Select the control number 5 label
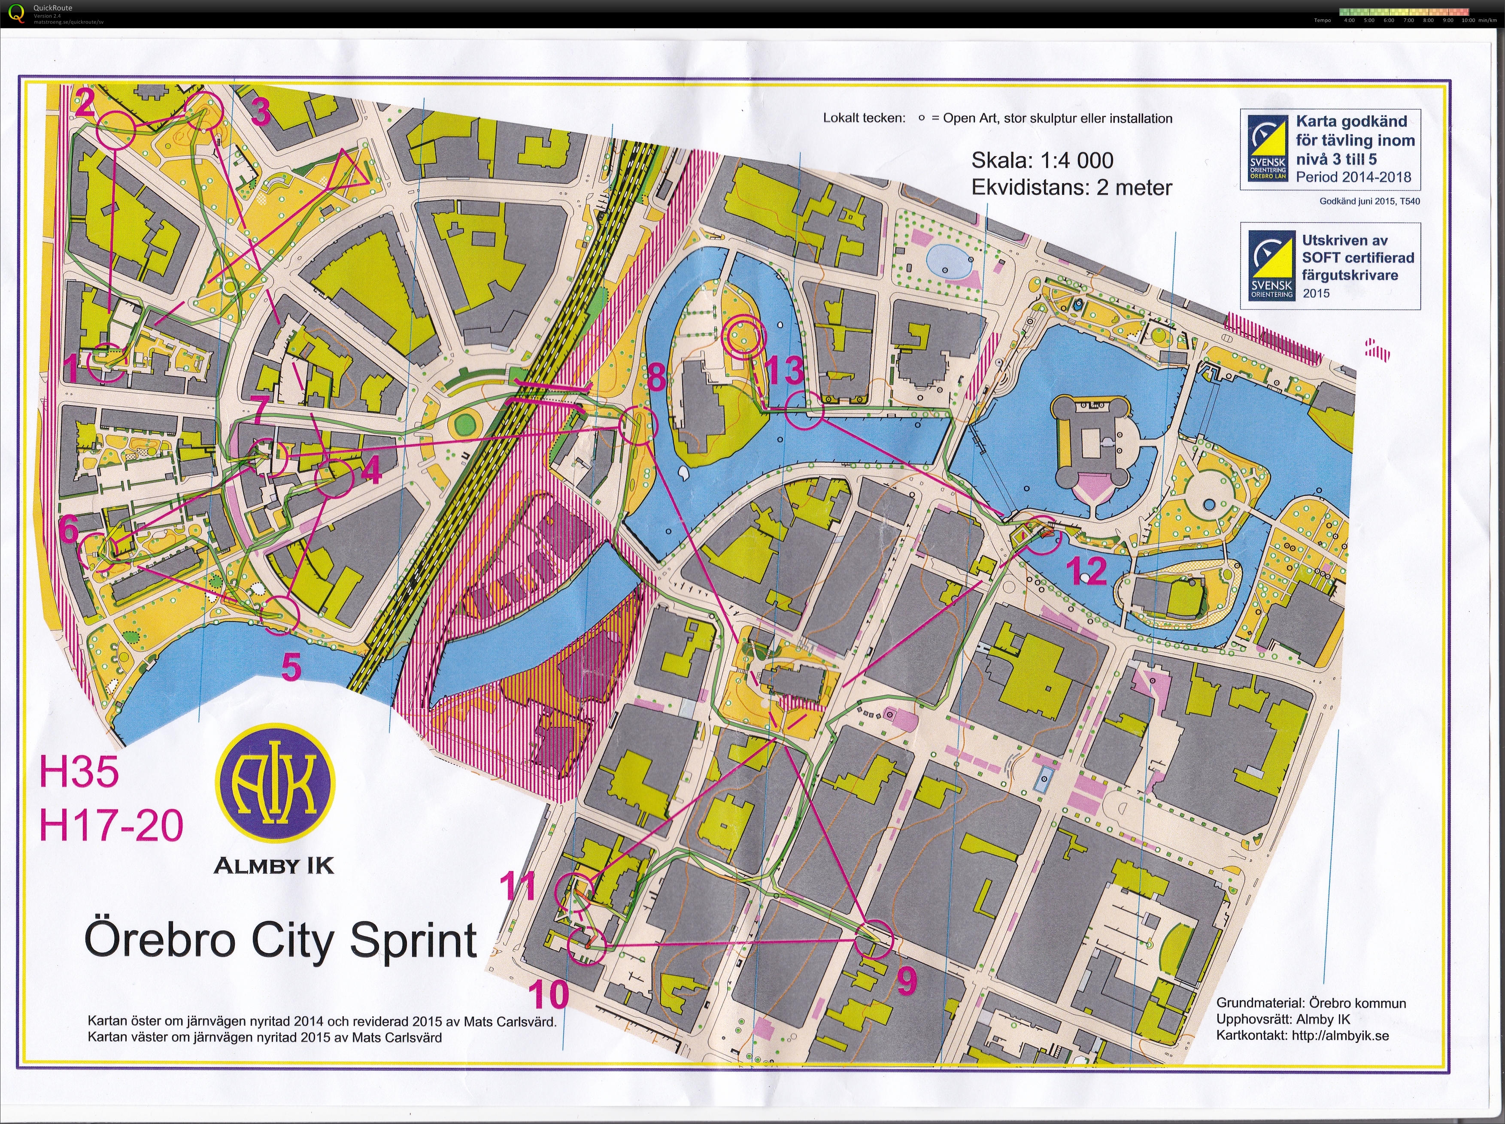[x=291, y=667]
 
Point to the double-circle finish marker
[x=744, y=336]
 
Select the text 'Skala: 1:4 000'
[x=1042, y=161]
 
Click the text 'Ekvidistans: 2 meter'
[x=1071, y=188]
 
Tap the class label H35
[x=79, y=772]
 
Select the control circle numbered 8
[x=639, y=426]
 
